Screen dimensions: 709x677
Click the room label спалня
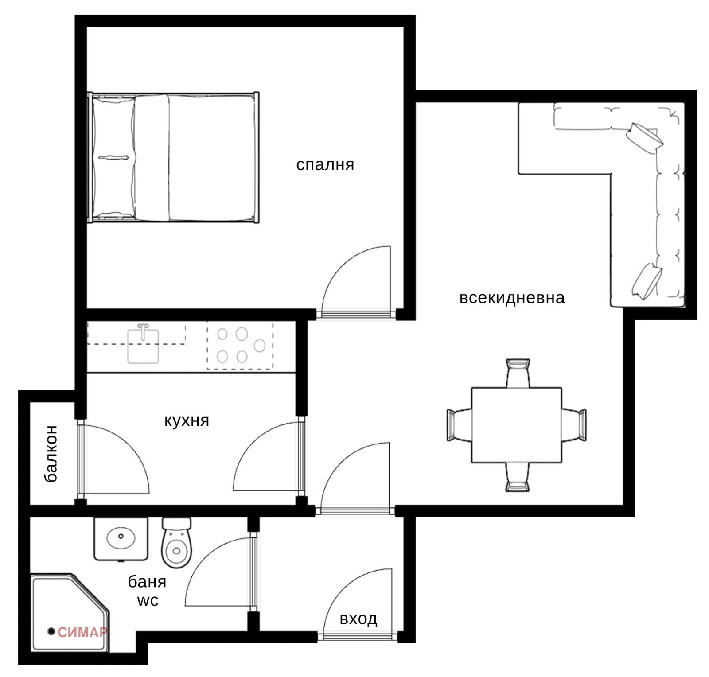[x=325, y=165]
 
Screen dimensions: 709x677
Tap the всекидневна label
[x=512, y=297]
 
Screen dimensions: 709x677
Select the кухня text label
[x=187, y=420]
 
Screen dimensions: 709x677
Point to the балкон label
[x=51, y=453]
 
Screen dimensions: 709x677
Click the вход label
[x=358, y=619]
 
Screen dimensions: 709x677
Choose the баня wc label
[x=147, y=591]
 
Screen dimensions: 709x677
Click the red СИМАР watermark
[x=82, y=632]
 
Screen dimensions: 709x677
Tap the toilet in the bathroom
[x=176, y=542]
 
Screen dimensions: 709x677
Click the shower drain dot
[x=51, y=631]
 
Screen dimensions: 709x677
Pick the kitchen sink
[x=143, y=344]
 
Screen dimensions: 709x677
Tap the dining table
[x=517, y=425]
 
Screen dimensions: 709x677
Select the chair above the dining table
[x=518, y=373]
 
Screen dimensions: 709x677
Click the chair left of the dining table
[x=459, y=425]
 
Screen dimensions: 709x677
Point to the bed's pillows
[x=113, y=157]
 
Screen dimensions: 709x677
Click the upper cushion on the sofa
[x=644, y=138]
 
